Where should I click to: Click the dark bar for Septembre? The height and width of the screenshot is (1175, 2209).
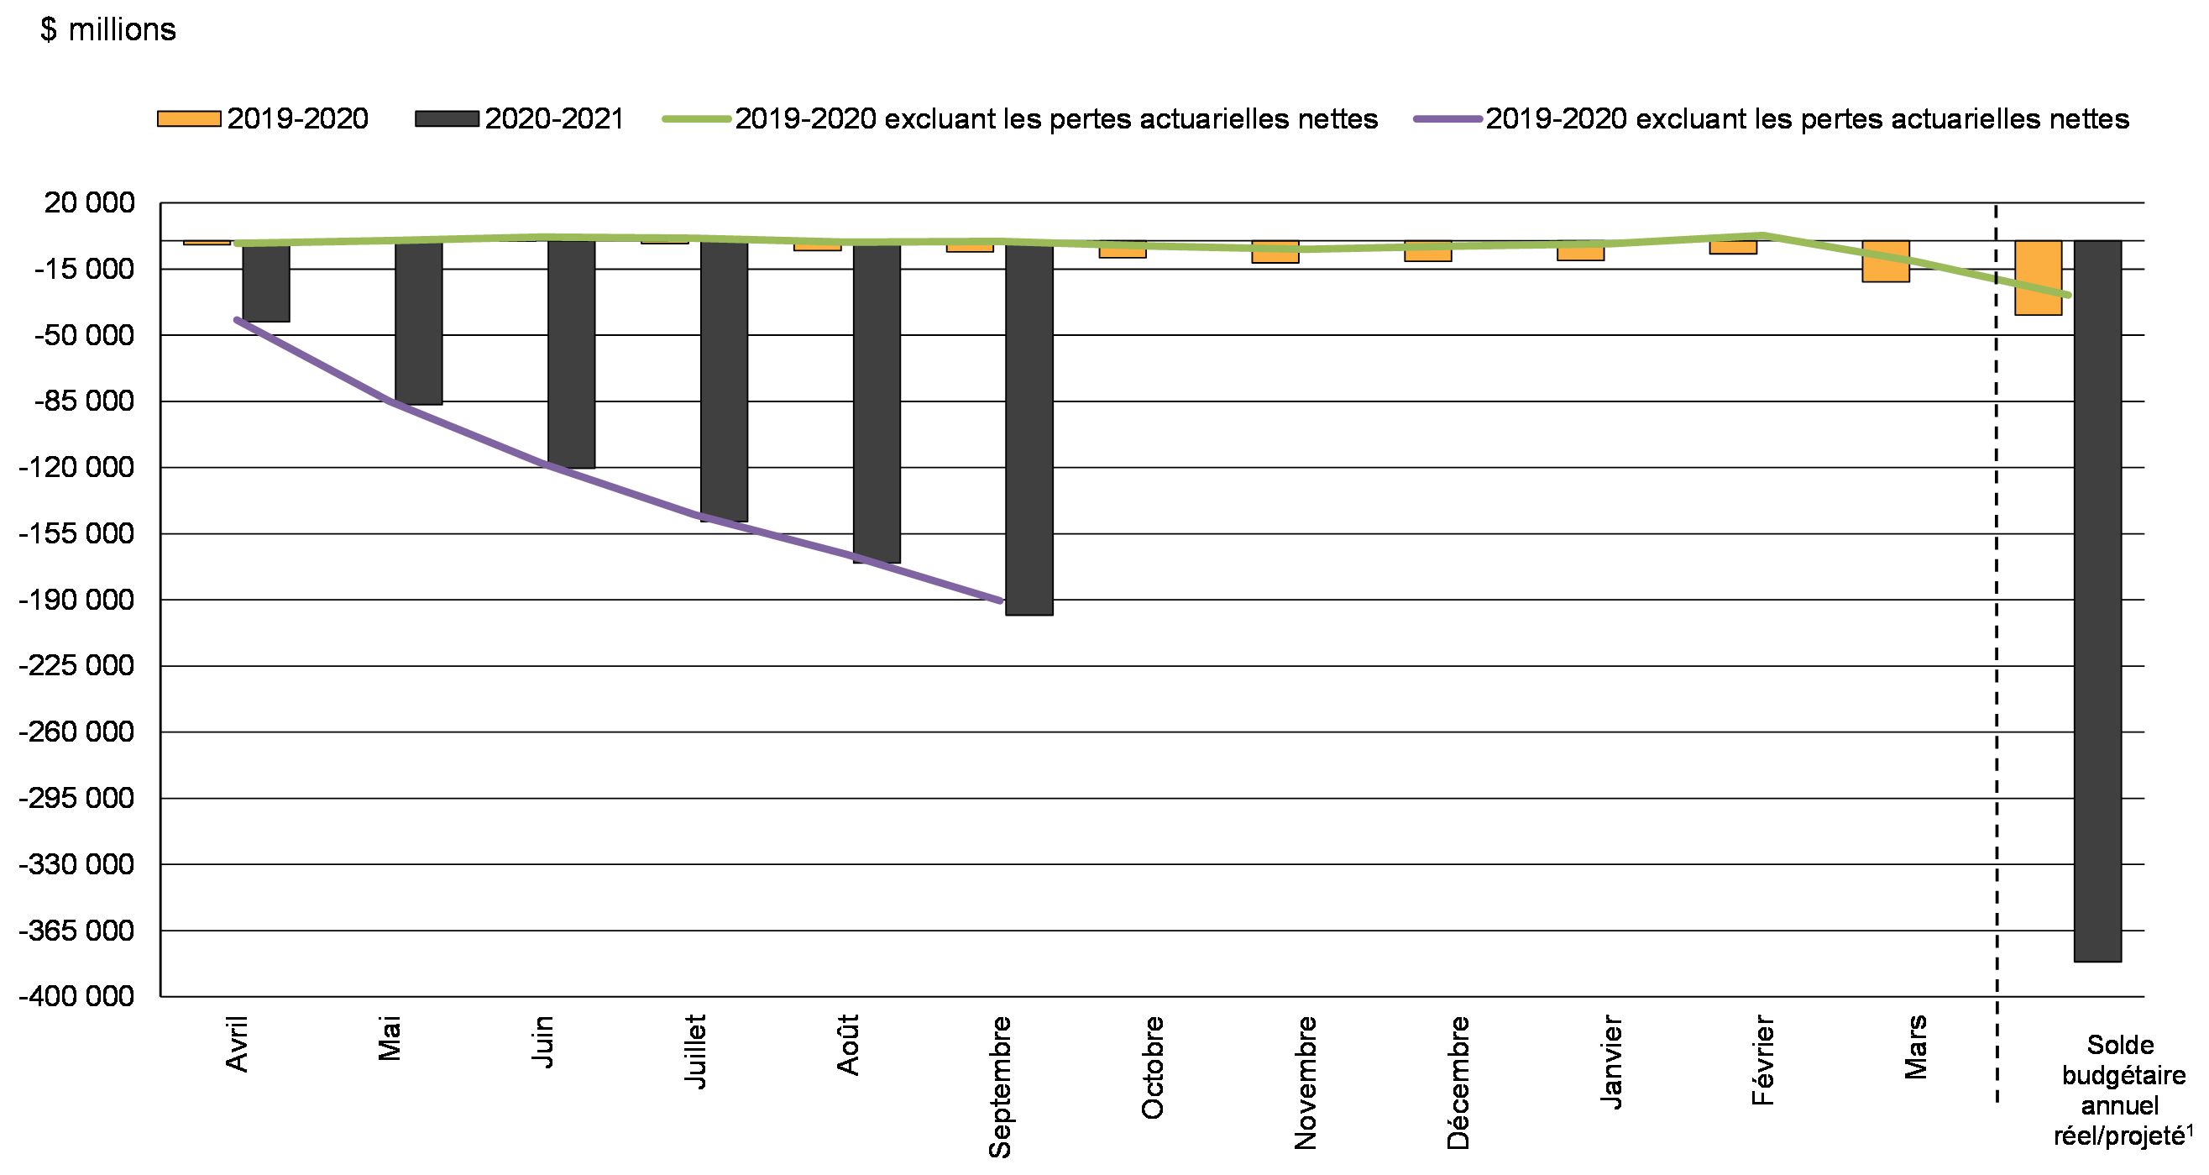[x=1029, y=429]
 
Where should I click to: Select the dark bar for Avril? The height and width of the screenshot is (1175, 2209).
[x=266, y=283]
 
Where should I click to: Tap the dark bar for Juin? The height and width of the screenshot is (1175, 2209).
[x=571, y=354]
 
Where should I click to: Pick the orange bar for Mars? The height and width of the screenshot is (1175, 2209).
[x=1885, y=260]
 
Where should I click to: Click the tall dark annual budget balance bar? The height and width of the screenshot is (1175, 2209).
[x=2096, y=601]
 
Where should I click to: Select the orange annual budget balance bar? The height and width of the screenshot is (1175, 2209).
[x=2038, y=278]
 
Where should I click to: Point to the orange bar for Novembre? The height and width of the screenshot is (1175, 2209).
[x=1275, y=251]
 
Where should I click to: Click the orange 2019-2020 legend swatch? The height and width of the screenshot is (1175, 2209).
[x=189, y=119]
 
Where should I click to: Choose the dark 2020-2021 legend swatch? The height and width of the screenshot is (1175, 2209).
[x=446, y=119]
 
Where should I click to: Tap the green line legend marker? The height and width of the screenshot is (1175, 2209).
[x=696, y=119]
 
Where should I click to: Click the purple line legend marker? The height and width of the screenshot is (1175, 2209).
[x=1447, y=119]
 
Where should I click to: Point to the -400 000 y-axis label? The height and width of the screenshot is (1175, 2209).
[x=76, y=996]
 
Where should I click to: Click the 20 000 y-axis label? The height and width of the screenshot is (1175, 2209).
[x=89, y=202]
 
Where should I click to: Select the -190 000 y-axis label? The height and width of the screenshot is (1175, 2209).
[x=76, y=600]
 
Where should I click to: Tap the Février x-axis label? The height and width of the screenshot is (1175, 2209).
[x=1762, y=1060]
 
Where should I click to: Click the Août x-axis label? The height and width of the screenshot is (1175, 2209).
[x=847, y=1045]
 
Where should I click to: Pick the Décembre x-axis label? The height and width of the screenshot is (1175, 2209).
[x=1458, y=1083]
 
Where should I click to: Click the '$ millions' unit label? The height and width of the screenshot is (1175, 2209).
[x=108, y=30]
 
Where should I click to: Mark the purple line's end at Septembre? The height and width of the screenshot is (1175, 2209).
[x=1000, y=601]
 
